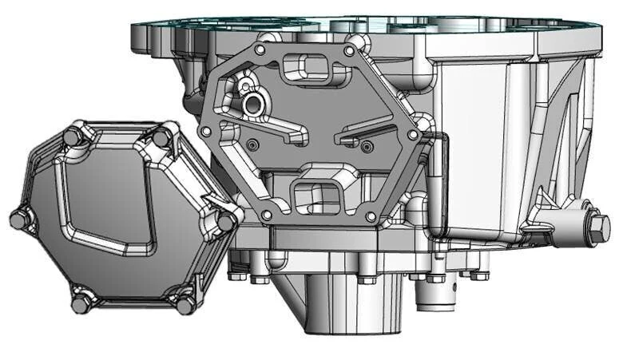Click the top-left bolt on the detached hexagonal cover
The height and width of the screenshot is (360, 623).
coord(73,136)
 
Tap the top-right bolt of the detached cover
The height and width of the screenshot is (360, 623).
coord(161,137)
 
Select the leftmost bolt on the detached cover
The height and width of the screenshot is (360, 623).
coord(20,219)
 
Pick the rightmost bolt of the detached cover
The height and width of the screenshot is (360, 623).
coord(227,221)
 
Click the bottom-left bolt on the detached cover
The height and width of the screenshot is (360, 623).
coord(81,303)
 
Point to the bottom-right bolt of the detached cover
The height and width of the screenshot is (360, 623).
coord(185,305)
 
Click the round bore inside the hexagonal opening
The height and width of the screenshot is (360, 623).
coord(253,103)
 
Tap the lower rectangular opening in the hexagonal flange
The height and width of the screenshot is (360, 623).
coord(317,195)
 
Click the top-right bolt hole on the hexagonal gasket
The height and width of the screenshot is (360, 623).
coord(348,51)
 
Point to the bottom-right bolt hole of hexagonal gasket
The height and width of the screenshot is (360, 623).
coord(370,216)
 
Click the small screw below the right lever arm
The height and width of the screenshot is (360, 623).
coord(367,146)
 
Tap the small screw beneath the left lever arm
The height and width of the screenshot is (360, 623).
coord(253,144)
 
